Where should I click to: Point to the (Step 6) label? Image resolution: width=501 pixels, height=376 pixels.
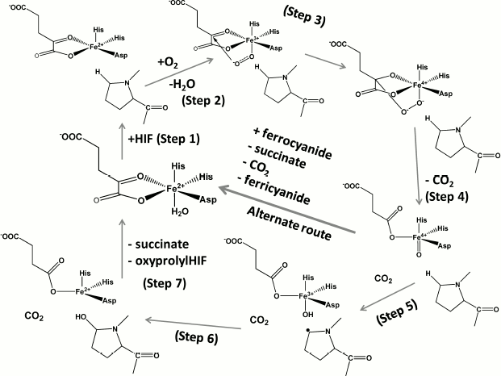[194, 338]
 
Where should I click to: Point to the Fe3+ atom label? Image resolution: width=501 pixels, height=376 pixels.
[325, 295]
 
